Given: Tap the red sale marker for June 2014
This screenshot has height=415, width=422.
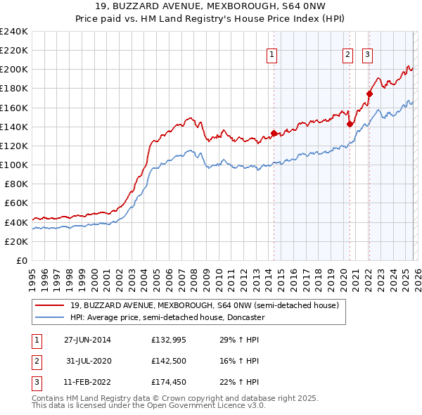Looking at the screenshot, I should pos(274,133).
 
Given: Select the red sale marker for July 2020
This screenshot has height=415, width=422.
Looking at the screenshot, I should pos(350,124).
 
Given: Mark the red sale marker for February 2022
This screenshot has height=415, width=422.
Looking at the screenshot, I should pos(369,94).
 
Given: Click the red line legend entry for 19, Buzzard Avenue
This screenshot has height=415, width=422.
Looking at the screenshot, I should pos(204,305).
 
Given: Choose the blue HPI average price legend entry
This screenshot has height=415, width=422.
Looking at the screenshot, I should pos(167,317).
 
